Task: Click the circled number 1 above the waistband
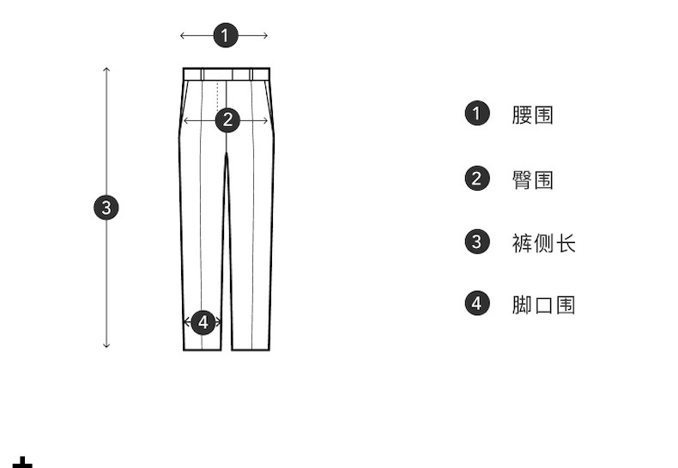click(225, 35)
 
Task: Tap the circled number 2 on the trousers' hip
click(227, 119)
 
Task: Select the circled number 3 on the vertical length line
click(106, 207)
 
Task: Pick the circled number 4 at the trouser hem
click(203, 322)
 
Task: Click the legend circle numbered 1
click(477, 113)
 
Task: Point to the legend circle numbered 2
click(477, 179)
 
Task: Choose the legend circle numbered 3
click(477, 241)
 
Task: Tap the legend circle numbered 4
click(477, 303)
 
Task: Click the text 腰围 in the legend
click(533, 115)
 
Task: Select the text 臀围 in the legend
click(533, 179)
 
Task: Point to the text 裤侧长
click(543, 243)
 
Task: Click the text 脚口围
click(543, 305)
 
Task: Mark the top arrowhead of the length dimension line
click(106, 69)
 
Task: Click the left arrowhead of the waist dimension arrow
click(182, 35)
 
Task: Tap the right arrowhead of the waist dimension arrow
click(266, 35)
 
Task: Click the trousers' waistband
click(227, 74)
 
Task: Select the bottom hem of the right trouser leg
click(251, 349)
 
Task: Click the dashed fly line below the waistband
click(219, 94)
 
